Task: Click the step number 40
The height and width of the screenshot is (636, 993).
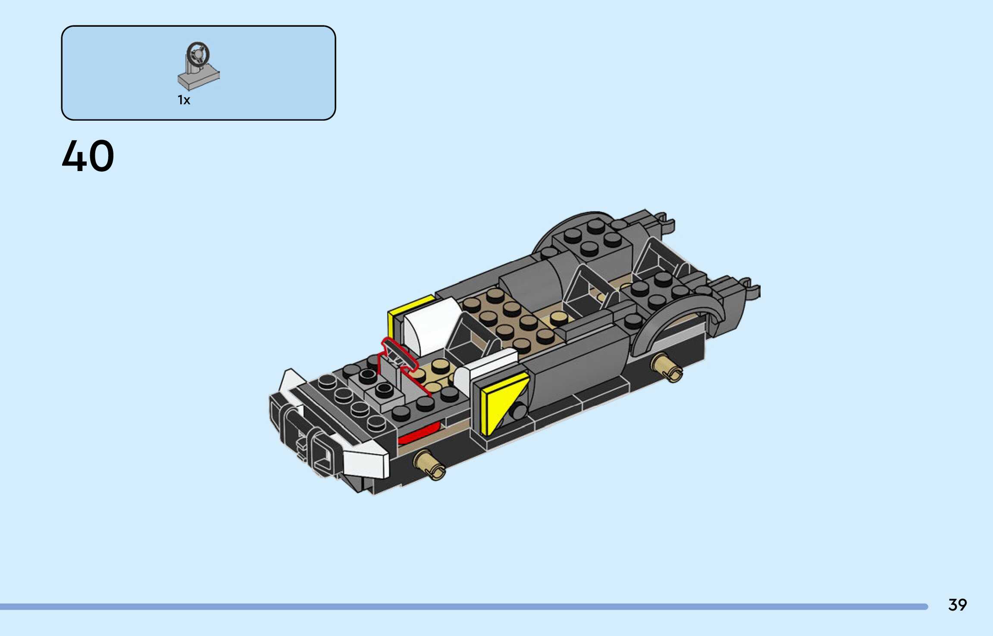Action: point(88,156)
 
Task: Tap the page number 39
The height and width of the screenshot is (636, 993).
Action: point(957,605)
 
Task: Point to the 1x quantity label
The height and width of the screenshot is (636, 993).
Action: point(184,100)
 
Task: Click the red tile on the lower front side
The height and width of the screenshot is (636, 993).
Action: point(418,433)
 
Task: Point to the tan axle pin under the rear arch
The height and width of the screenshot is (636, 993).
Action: point(667,368)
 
